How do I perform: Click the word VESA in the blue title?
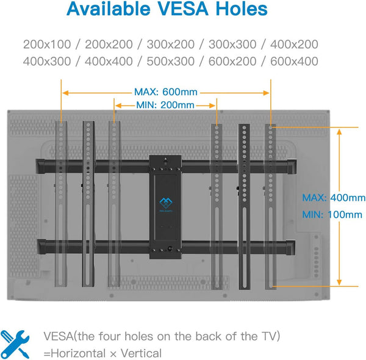(183, 9)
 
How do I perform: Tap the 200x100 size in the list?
(47, 45)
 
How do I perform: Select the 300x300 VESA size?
(232, 45)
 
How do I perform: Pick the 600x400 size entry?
(294, 62)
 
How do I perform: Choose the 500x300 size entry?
(171, 62)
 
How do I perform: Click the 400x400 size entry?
(109, 62)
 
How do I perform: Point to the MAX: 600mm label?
(166, 92)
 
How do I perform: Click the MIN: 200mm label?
(165, 105)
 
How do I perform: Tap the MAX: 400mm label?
(334, 198)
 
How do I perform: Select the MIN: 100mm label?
(332, 215)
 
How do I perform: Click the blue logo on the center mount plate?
(166, 203)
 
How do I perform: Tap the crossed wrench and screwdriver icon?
(15, 344)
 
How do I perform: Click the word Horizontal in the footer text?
(78, 353)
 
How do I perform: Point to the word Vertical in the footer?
(141, 353)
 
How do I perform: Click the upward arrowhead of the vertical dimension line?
(339, 132)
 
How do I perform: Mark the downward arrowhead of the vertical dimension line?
(339, 282)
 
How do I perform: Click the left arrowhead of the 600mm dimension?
(66, 93)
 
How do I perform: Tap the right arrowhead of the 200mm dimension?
(212, 106)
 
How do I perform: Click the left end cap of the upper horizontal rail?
(40, 166)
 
